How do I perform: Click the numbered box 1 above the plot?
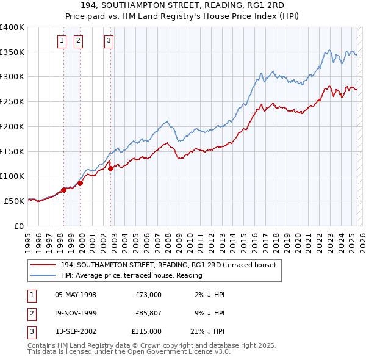coord(62,41)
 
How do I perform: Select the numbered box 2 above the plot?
coord(79,41)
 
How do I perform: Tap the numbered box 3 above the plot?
coord(109,41)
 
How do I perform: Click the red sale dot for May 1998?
coord(63,190)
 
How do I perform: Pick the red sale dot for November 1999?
coord(80,183)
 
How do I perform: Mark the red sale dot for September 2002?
coord(110,169)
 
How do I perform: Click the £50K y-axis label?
coord(13,201)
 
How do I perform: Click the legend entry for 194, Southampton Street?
coord(168,265)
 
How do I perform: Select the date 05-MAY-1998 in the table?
coord(76,295)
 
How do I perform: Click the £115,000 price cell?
coord(146,331)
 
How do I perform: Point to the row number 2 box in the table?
coord(31,313)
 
